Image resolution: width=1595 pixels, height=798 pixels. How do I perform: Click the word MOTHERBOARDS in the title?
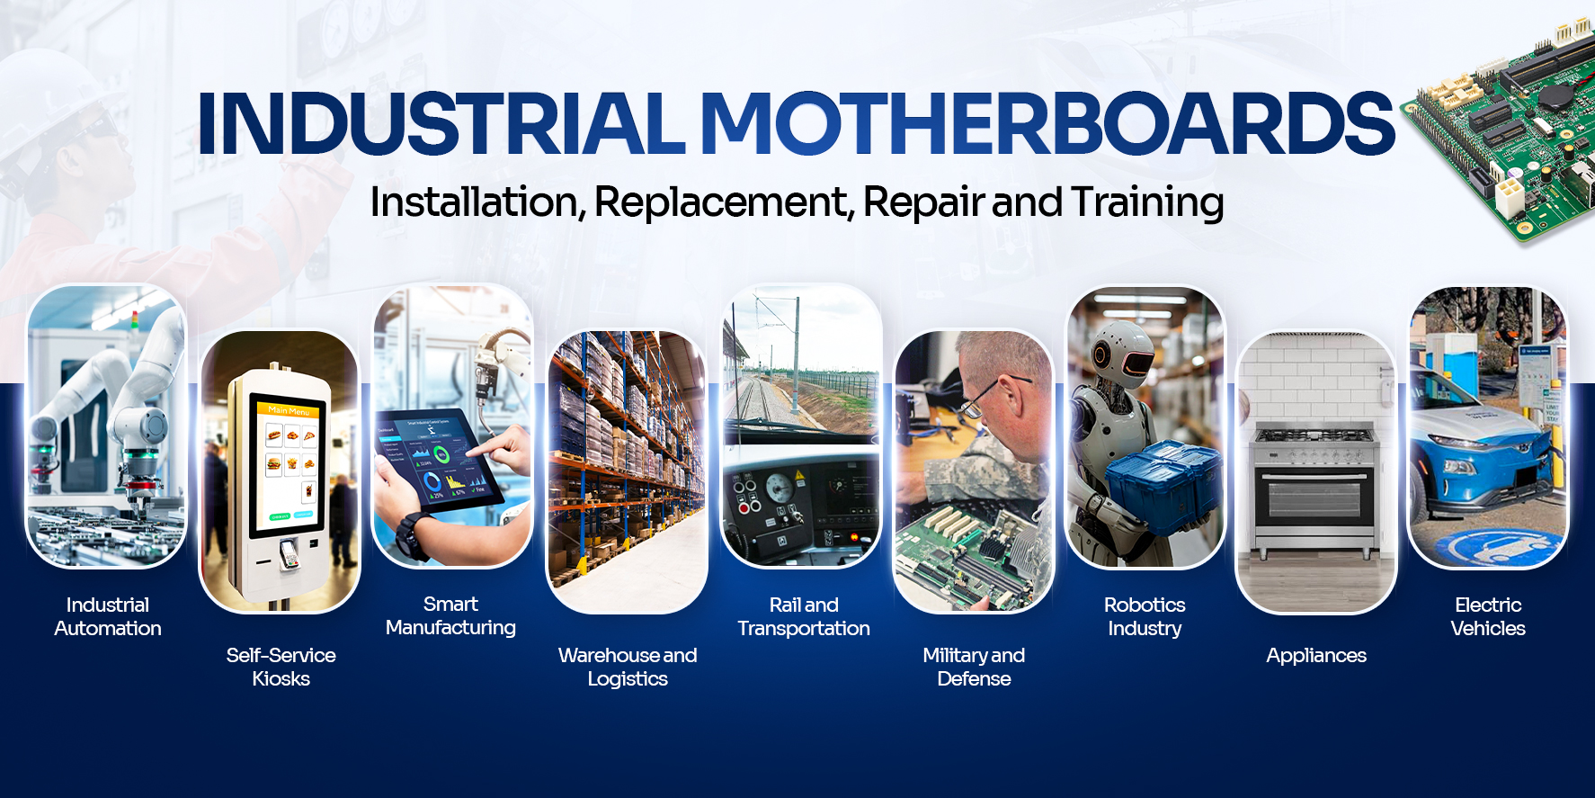click(1047, 123)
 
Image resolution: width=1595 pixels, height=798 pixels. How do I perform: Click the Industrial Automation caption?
click(108, 616)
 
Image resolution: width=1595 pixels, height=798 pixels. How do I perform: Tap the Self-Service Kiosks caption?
click(281, 667)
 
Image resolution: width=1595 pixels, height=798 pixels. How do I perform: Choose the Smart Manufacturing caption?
click(450, 615)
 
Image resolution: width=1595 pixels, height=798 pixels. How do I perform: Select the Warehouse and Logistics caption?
click(628, 667)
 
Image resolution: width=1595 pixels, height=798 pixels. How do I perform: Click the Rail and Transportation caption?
click(804, 616)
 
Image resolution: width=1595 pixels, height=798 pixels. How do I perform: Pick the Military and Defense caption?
click(974, 667)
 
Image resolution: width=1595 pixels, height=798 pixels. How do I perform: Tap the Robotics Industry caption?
click(1145, 616)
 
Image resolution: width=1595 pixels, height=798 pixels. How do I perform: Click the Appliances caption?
click(1316, 656)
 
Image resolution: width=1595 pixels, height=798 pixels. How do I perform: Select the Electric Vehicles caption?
click(1488, 616)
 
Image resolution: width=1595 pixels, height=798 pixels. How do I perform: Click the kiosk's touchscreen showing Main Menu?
click(286, 463)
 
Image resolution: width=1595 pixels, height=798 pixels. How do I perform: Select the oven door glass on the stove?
click(1314, 500)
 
